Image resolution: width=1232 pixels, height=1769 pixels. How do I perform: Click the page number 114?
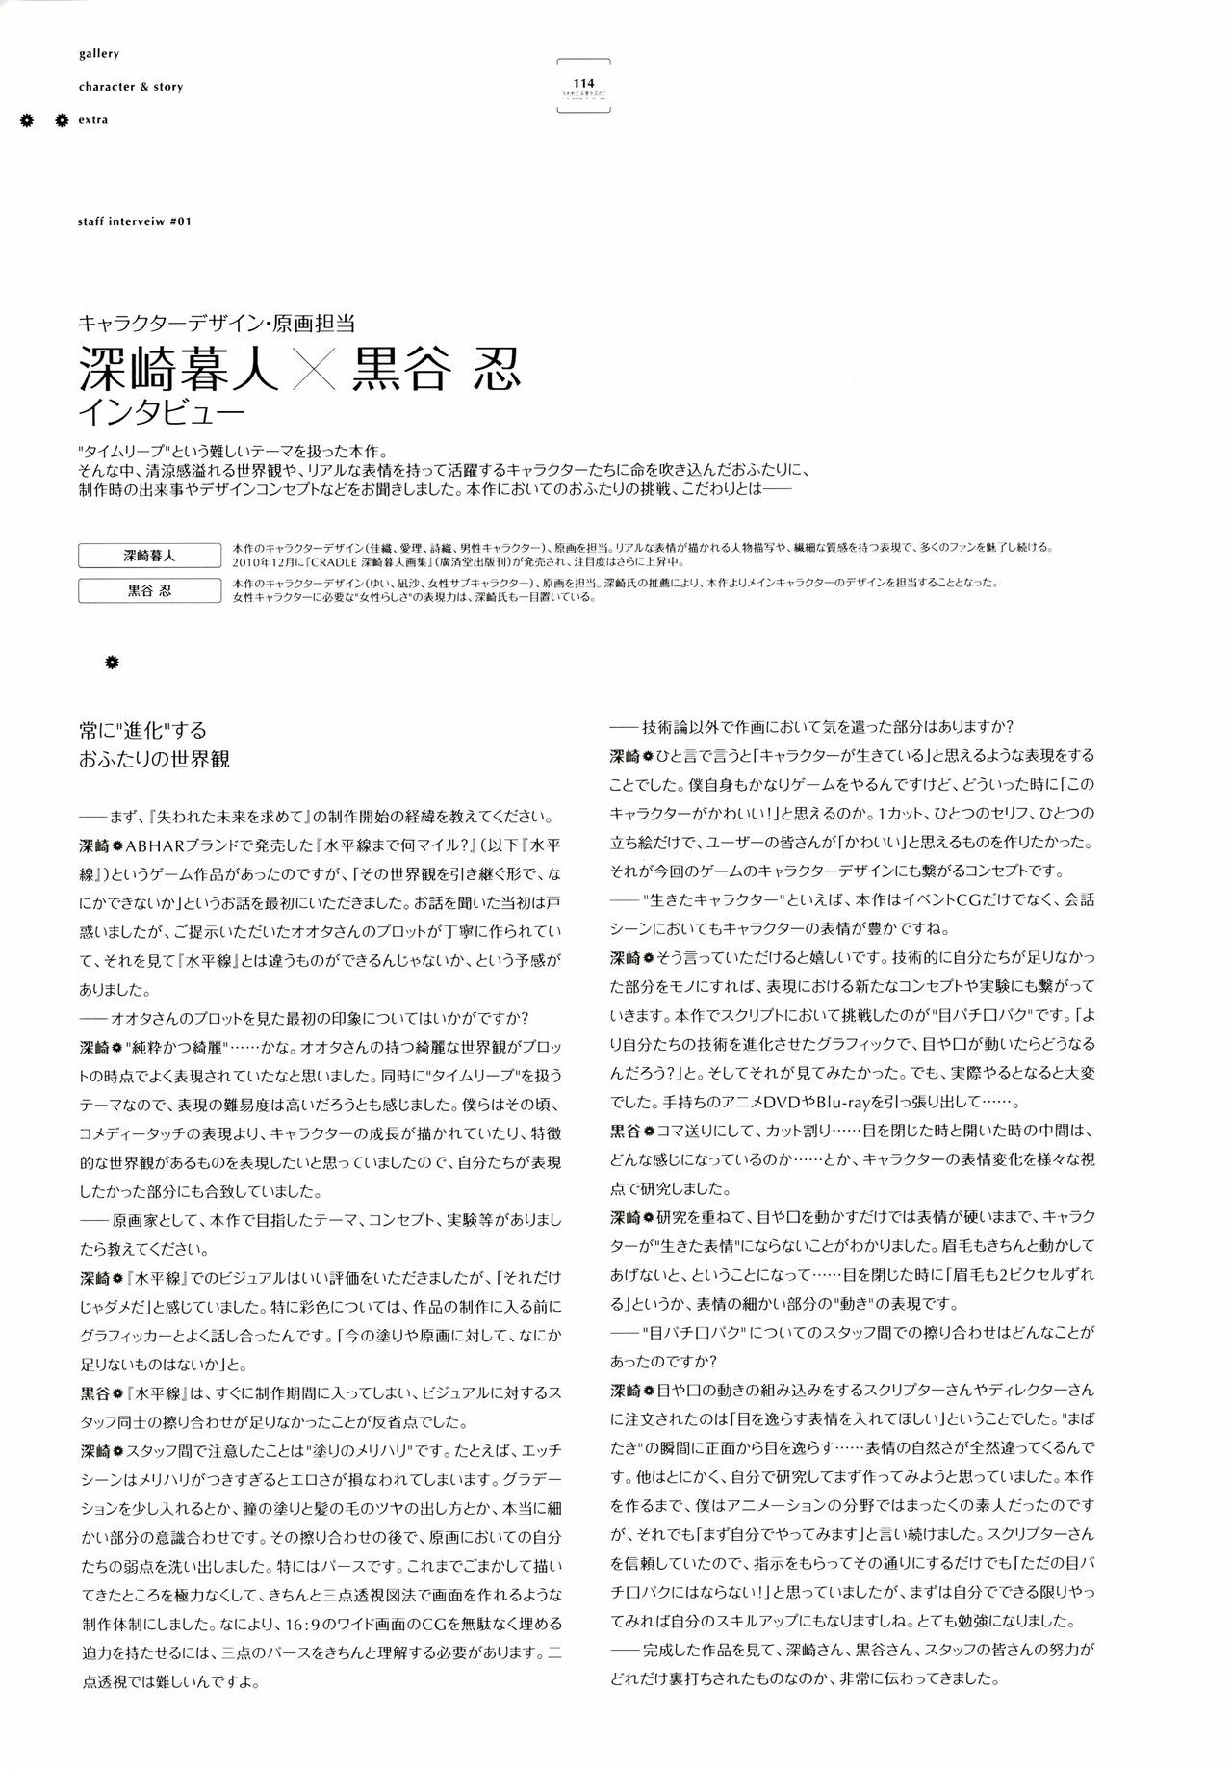click(583, 84)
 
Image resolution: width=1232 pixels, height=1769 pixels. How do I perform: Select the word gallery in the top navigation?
click(99, 54)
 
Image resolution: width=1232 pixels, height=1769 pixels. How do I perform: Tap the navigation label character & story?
click(131, 87)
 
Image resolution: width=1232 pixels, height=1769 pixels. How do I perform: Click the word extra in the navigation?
click(94, 120)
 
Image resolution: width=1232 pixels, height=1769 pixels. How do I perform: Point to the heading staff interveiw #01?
click(136, 221)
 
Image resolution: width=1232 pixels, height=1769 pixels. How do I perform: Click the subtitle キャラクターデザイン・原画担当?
click(217, 325)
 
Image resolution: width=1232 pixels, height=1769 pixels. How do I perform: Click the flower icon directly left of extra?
click(62, 120)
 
